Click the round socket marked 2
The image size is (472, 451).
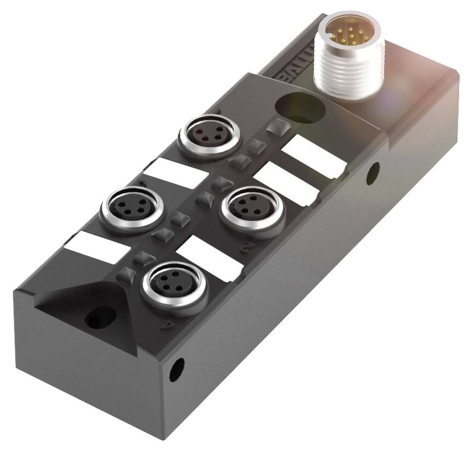click(x=248, y=205)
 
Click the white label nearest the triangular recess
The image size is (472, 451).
click(x=95, y=248)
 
